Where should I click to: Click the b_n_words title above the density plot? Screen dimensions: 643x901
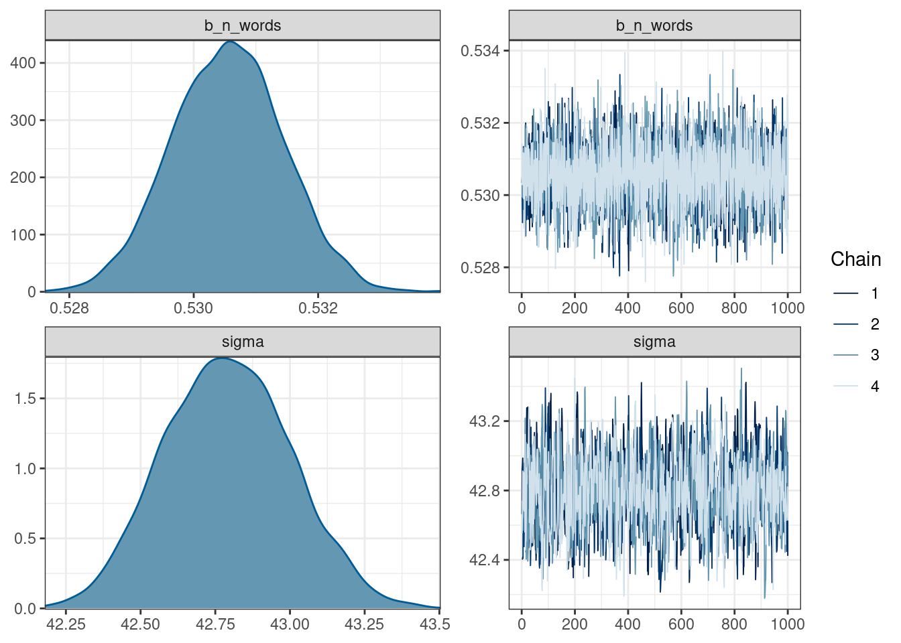point(242,25)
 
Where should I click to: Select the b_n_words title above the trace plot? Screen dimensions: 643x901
point(654,25)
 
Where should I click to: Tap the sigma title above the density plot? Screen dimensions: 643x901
point(242,342)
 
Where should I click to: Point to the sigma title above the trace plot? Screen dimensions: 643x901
point(654,342)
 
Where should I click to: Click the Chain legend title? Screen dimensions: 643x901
point(855,259)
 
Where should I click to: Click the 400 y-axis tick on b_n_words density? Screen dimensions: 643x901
point(23,63)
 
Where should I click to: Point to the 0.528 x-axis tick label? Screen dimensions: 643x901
point(70,308)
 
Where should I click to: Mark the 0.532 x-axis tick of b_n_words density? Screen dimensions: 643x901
point(318,308)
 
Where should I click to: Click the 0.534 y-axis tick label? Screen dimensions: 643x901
point(480,51)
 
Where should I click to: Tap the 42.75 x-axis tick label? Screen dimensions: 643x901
point(215,624)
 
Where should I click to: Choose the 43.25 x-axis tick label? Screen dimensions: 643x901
point(364,624)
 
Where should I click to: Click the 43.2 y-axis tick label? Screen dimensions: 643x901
point(484,421)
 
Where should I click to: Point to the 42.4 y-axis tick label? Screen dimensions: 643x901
point(484,560)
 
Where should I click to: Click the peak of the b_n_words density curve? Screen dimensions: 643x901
point(230,42)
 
